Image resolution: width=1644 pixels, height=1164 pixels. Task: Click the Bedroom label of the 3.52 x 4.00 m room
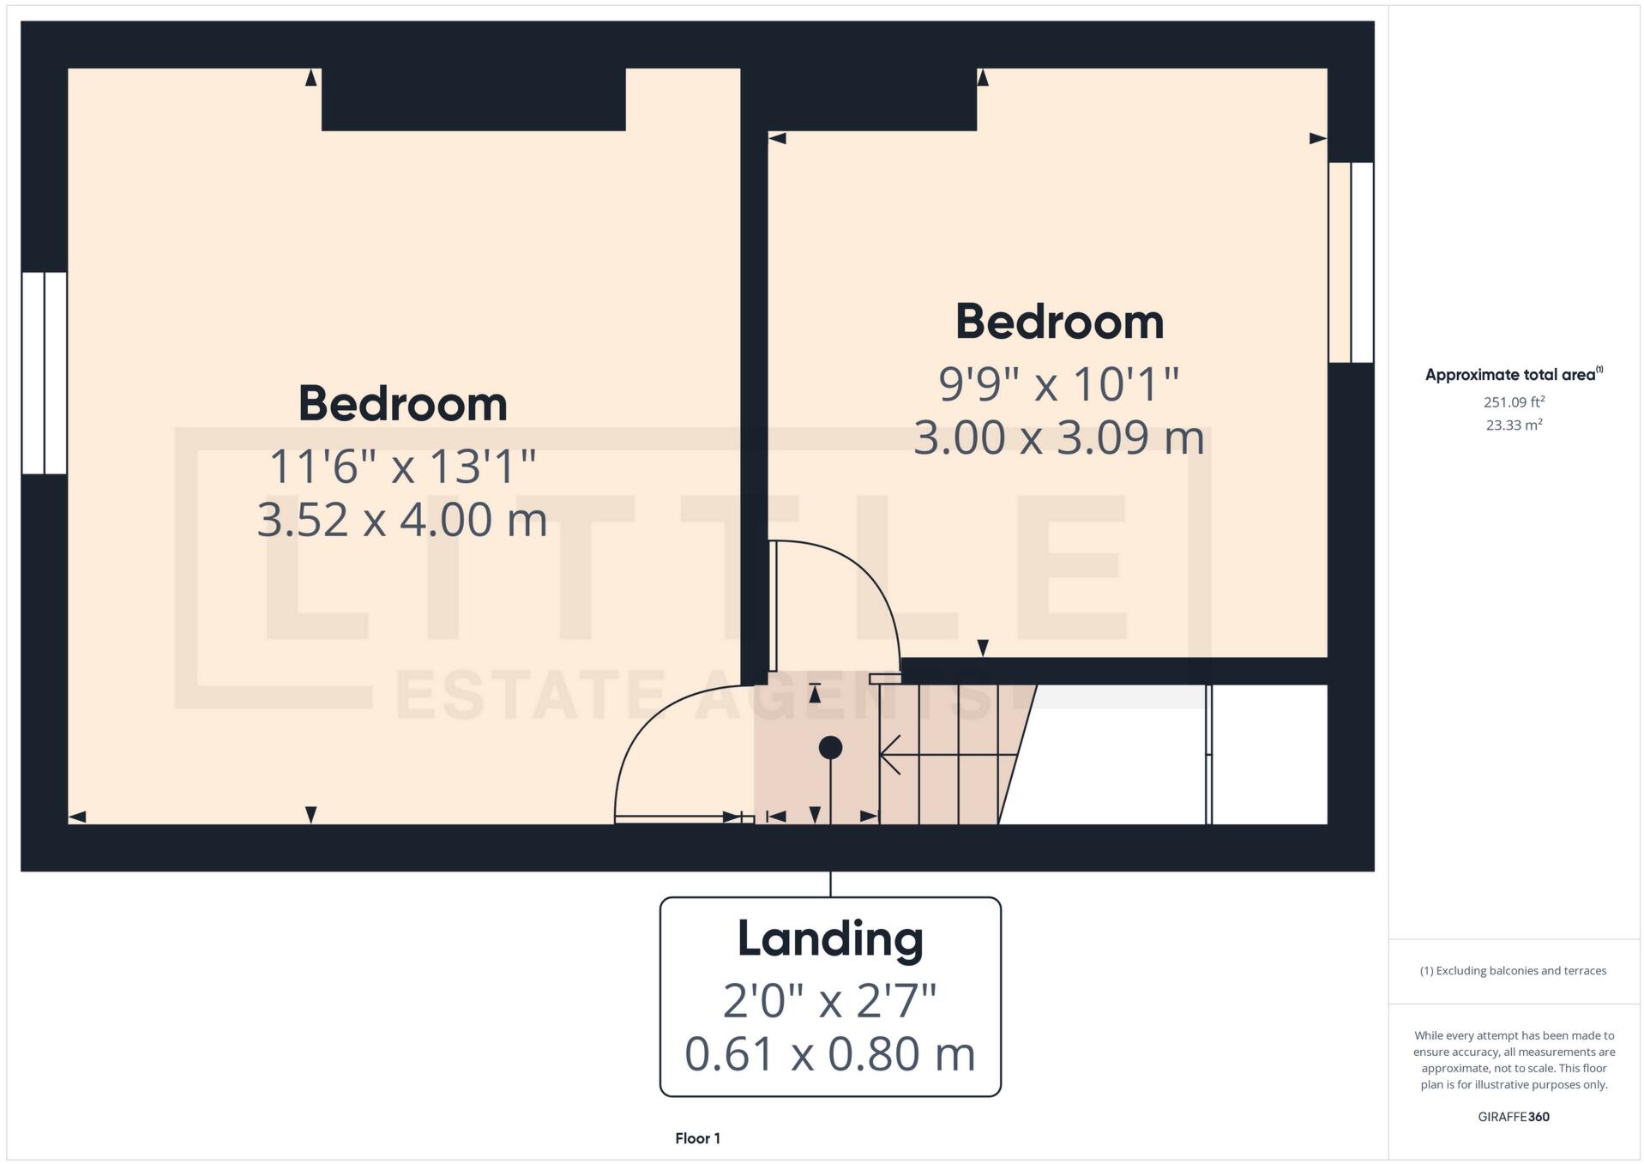point(402,404)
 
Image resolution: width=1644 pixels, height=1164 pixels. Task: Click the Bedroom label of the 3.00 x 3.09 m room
point(1059,323)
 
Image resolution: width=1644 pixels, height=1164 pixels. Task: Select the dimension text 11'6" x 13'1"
point(402,467)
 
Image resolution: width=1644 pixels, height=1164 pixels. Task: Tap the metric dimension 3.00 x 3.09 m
point(1058,437)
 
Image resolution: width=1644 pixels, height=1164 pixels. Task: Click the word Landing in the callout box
point(830,939)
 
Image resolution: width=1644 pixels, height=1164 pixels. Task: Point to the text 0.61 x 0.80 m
point(830,1054)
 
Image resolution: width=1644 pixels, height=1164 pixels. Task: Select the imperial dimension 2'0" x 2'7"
point(830,1001)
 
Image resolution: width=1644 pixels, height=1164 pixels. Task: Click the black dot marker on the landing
point(830,748)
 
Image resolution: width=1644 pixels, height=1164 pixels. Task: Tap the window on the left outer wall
point(44,373)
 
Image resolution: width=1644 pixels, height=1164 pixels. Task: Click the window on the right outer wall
point(1351,262)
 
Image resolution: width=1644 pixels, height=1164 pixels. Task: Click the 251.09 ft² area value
point(1514,402)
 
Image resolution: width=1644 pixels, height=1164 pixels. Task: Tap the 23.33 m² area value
point(1514,425)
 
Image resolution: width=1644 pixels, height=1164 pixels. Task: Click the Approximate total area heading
point(1511,375)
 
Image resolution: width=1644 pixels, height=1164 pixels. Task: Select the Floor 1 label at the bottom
point(697,1138)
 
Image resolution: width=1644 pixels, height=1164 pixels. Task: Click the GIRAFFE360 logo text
point(1514,1117)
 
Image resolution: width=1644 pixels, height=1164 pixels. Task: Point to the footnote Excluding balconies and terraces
point(1514,971)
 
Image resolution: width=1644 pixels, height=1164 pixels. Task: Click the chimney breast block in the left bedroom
point(473,100)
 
